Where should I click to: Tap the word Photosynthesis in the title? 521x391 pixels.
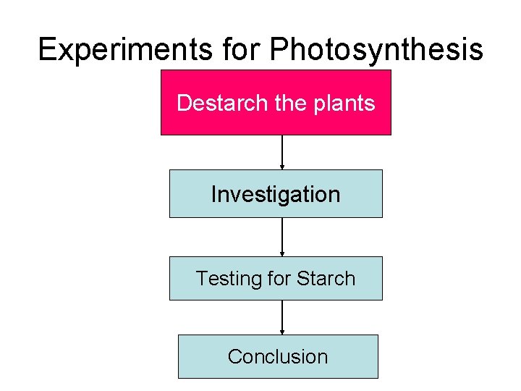[x=376, y=50]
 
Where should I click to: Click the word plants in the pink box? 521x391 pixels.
[x=346, y=104]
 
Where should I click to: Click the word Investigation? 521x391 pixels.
[x=276, y=194]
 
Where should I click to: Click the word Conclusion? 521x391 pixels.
[x=278, y=356]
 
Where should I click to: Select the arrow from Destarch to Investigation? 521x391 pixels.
[x=282, y=151]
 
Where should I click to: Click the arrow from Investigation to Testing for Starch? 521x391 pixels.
[x=282, y=236]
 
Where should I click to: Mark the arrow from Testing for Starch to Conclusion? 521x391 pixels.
[x=282, y=316]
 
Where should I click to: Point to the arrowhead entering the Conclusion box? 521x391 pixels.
[x=282, y=332]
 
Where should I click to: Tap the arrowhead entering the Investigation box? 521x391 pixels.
[x=282, y=167]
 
